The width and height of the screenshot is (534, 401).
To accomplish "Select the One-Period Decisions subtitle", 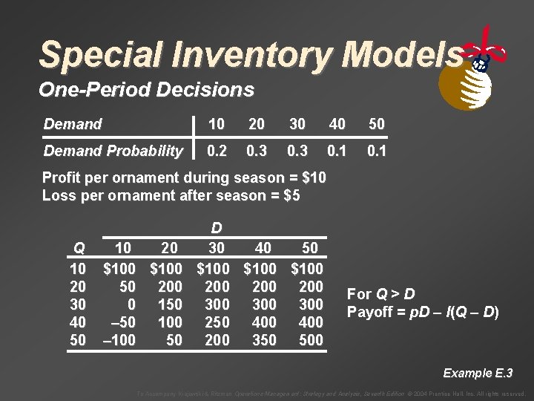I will click(146, 91).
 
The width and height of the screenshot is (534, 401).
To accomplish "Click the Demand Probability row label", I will click(113, 151).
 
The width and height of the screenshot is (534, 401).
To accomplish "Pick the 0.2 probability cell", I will click(216, 151).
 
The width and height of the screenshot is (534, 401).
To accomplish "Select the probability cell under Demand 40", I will click(336, 151).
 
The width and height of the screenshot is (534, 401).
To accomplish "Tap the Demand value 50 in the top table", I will click(377, 124).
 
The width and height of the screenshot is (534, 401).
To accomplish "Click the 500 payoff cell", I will click(311, 339).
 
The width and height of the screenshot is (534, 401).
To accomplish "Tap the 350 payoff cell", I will click(264, 339).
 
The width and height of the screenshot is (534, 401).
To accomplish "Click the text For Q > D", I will click(380, 293).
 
